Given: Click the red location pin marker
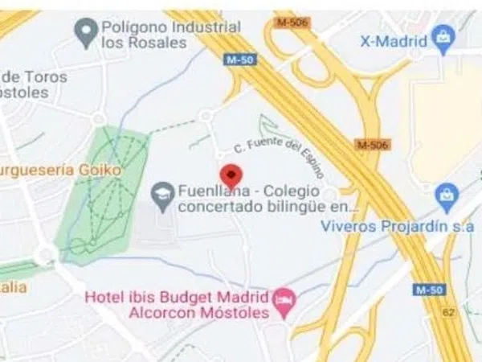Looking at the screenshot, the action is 231,175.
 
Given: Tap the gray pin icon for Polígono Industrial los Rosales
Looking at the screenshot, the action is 85,33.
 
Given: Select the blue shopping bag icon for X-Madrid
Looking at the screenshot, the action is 442,35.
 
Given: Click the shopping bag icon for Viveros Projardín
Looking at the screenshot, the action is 446,194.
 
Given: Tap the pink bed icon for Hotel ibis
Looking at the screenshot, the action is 284,301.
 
